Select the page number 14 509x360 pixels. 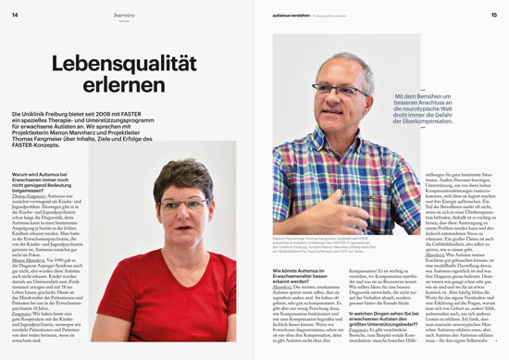15,15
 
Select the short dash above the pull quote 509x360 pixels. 407,87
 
